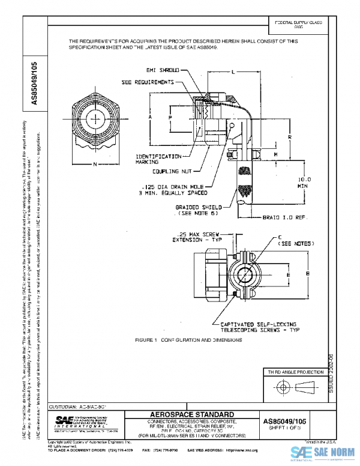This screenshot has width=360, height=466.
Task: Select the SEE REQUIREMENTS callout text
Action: [148, 82]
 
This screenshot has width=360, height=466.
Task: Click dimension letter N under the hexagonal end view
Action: [95, 164]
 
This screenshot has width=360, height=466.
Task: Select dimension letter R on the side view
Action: [290, 138]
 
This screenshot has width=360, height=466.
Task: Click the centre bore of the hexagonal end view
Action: [95, 114]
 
